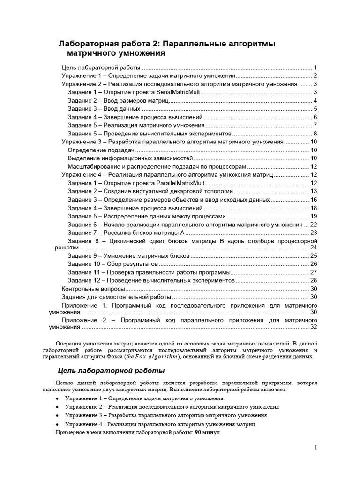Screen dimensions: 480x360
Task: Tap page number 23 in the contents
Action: point(314,232)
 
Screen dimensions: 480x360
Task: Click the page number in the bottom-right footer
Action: point(316,448)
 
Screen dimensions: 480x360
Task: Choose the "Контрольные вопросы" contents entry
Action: point(93,289)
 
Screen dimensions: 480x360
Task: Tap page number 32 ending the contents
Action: point(314,327)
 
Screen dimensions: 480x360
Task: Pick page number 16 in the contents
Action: point(314,199)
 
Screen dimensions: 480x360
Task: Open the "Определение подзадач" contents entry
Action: point(101,150)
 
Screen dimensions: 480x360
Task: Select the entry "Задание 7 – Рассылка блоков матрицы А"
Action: point(126,232)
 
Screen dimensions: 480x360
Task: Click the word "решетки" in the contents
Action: point(64,247)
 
